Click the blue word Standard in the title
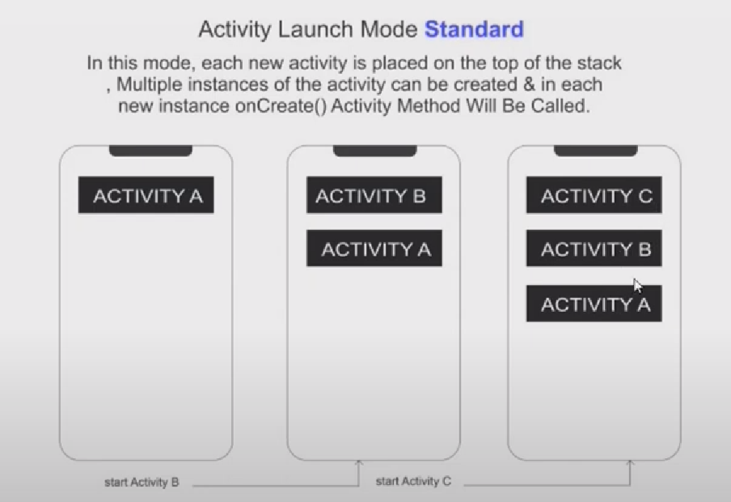pos(474,29)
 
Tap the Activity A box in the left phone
pos(146,195)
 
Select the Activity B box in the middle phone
pos(374,195)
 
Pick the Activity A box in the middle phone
pos(374,248)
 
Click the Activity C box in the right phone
pos(594,195)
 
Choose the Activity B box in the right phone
pos(594,248)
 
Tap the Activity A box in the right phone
pos(594,304)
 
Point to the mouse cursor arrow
pos(637,286)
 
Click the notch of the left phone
pos(150,151)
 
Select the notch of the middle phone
pos(375,151)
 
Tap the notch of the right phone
pos(595,151)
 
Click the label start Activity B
pos(142,482)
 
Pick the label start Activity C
pos(413,481)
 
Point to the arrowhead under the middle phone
pos(358,463)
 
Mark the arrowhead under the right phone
pos(630,463)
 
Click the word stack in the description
pos(599,63)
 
